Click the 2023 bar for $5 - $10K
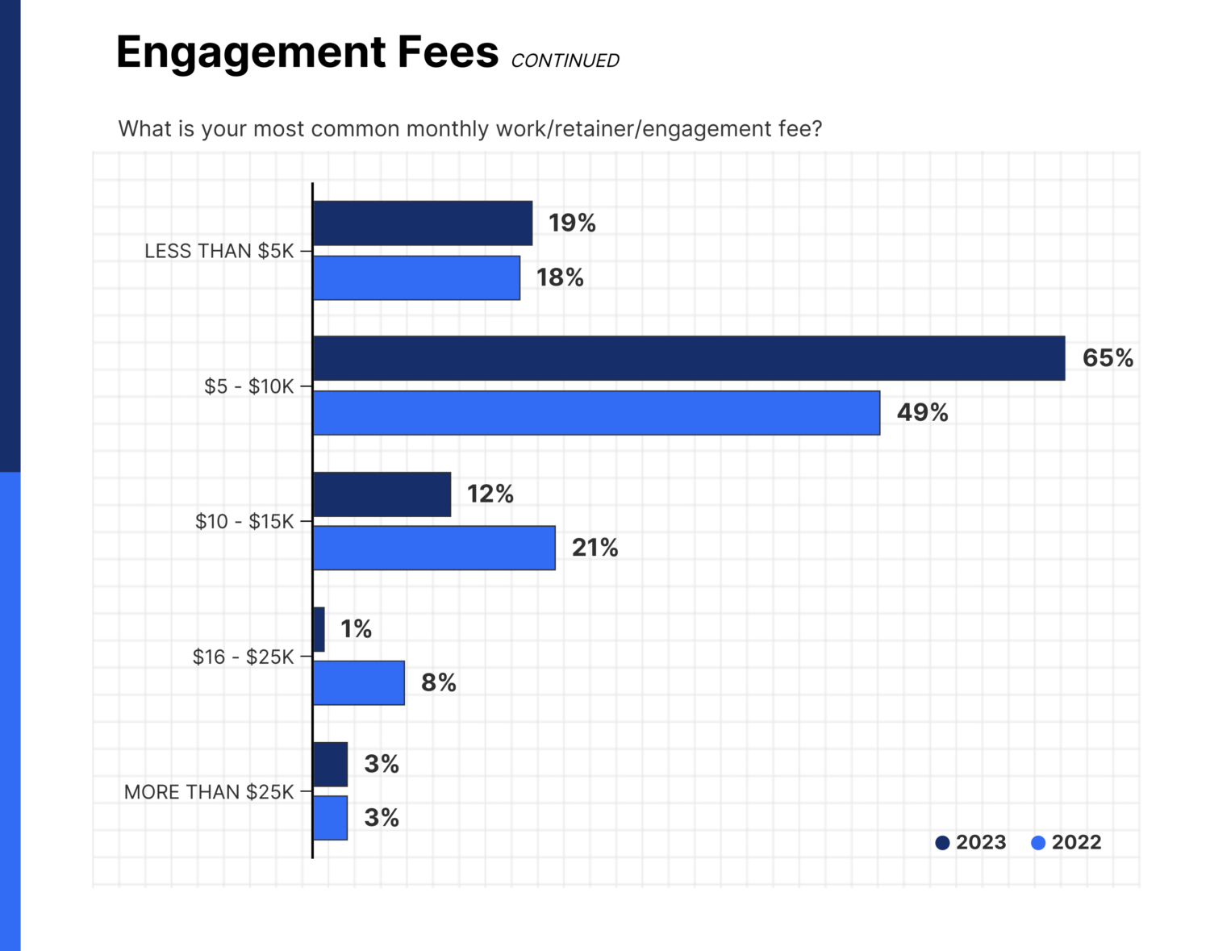tap(688, 358)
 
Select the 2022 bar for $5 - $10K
tap(596, 413)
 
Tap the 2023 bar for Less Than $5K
tap(423, 223)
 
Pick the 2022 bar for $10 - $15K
tap(434, 548)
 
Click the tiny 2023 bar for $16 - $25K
tap(319, 629)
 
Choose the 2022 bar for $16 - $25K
tap(359, 683)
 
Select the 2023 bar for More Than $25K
tap(330, 764)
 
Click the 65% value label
tap(1107, 358)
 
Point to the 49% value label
tap(922, 413)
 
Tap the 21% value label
tap(595, 548)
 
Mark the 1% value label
tap(356, 629)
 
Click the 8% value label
tap(438, 683)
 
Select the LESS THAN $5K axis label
tap(219, 251)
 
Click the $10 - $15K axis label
tap(244, 521)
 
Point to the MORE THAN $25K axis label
tap(209, 792)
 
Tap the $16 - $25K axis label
tap(243, 657)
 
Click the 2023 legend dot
tap(942, 843)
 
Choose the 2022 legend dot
tap(1038, 843)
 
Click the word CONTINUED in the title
tap(565, 61)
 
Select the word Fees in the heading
tap(447, 52)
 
